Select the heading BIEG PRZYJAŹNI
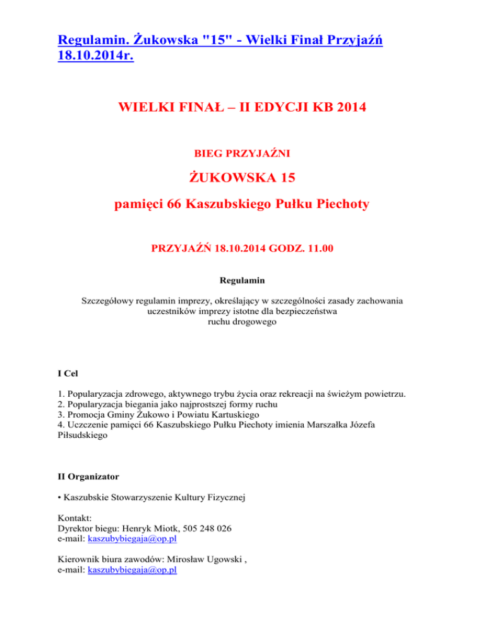click(242, 152)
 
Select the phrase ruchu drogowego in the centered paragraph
click(242, 321)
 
